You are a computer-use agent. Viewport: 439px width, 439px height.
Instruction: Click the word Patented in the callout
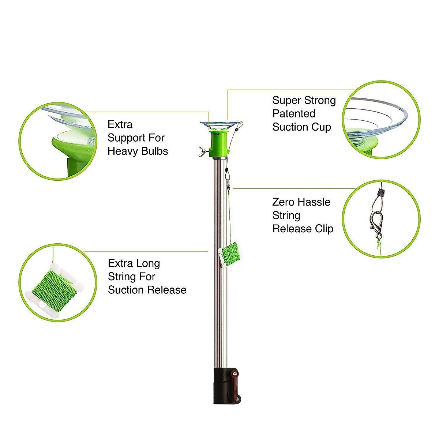(x=294, y=114)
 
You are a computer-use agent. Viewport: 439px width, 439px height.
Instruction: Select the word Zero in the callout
(x=283, y=202)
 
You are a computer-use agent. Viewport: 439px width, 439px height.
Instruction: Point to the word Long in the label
(x=147, y=263)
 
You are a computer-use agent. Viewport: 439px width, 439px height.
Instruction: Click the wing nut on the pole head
(x=202, y=150)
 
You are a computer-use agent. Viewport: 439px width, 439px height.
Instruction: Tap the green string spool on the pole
(x=229, y=253)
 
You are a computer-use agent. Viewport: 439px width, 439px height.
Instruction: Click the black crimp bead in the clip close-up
(x=380, y=192)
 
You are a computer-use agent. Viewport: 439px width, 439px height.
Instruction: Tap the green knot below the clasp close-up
(x=378, y=244)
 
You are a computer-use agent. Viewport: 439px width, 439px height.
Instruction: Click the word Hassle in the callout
(x=314, y=202)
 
